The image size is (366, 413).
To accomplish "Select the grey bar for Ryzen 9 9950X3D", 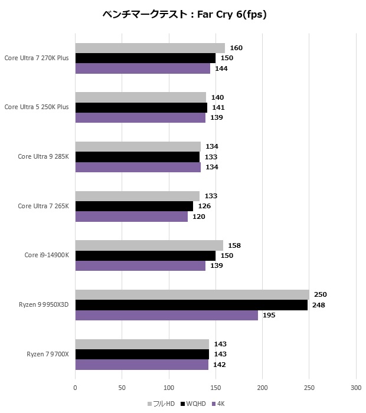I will (192, 294).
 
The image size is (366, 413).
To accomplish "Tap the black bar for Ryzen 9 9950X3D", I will (191, 305).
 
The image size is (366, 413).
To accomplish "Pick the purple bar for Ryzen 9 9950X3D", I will (166, 315).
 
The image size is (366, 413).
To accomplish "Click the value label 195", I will (269, 315).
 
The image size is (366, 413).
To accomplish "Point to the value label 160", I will (236, 48).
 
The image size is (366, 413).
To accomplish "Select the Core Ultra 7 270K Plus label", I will (37, 58).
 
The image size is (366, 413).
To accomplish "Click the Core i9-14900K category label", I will (47, 255).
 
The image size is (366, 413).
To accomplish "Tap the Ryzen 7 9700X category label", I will (48, 354).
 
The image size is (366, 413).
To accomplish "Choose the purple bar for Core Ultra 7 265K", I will (131, 217).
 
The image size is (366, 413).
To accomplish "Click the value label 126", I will (204, 206).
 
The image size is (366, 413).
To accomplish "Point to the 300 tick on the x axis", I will (356, 388).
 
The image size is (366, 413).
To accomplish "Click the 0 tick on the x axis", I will (75, 388).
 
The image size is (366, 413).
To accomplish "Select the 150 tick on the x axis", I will (215, 388).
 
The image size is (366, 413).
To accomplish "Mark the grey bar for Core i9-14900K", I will (149, 245).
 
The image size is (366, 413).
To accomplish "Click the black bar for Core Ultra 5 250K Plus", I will (141, 107).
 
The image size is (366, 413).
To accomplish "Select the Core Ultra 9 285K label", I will (43, 156).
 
